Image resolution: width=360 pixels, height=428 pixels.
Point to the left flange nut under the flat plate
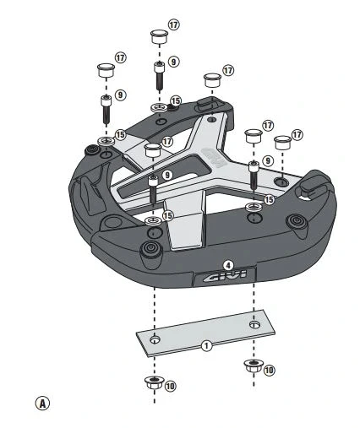(x=151, y=385)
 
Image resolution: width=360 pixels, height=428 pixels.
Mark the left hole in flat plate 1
(x=154, y=339)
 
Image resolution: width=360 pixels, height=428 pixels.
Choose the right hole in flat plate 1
(x=254, y=323)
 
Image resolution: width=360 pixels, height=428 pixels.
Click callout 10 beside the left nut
(x=170, y=386)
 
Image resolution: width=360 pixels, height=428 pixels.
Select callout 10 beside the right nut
(x=270, y=370)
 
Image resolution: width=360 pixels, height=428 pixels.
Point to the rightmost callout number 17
(x=296, y=134)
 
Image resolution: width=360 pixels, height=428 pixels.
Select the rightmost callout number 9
(x=267, y=160)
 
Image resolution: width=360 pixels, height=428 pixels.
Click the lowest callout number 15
(x=167, y=216)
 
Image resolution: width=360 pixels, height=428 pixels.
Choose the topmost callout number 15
(x=175, y=101)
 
